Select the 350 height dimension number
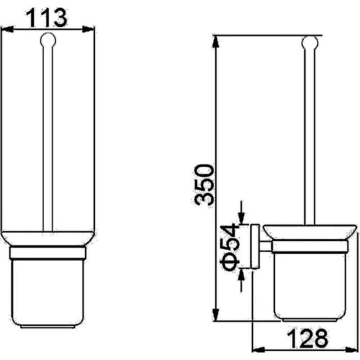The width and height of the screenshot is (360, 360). tap(203, 184)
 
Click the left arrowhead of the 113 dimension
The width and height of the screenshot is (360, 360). tap(7, 29)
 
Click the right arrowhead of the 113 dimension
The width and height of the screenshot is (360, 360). tap(89, 29)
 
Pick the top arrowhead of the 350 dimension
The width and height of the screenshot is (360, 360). tap(216, 41)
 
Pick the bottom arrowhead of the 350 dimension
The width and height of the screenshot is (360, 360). tap(216, 315)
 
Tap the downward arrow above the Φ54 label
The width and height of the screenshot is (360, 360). tap(241, 213)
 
